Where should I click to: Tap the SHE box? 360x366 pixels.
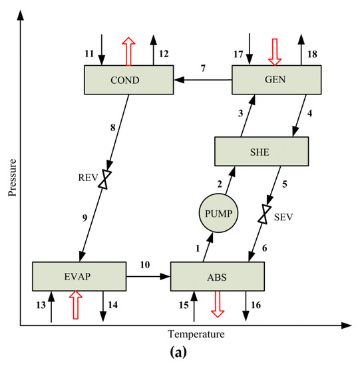point(261,152)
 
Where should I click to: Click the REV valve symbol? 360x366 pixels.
point(104,180)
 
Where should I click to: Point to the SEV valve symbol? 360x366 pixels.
point(265,214)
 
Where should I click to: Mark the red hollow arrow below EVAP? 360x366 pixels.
point(75,307)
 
